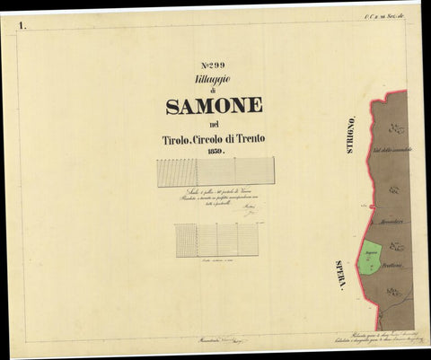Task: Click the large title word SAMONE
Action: [x=214, y=106]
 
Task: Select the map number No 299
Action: [x=215, y=66]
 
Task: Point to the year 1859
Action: [x=215, y=151]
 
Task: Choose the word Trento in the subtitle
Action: [x=249, y=138]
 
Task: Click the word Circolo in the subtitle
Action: [x=213, y=138]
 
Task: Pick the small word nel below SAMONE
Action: [x=214, y=124]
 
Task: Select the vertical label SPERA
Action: [x=340, y=274]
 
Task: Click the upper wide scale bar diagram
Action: [x=215, y=172]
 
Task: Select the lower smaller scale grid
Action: [x=215, y=241]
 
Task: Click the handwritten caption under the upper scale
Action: [x=215, y=199]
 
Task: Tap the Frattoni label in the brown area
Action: [x=399, y=265]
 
